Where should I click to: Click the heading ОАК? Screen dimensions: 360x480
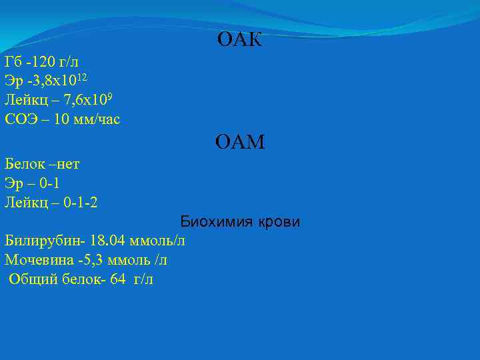click(240, 41)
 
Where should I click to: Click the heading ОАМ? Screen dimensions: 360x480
click(240, 142)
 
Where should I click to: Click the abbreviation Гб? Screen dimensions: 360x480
click(13, 63)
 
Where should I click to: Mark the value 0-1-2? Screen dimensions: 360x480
click(79, 202)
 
